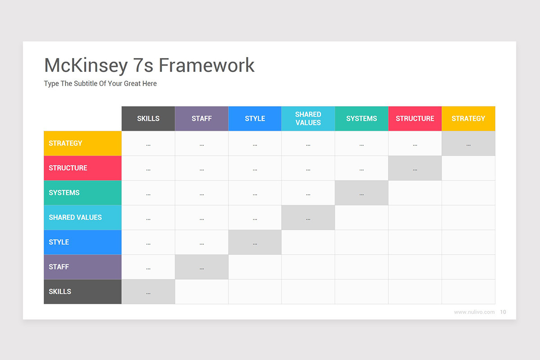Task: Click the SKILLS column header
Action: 148,119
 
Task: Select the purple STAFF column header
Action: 202,119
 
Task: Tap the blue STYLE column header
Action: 255,119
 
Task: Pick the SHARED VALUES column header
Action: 308,119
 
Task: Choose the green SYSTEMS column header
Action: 361,119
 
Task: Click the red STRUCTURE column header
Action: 415,119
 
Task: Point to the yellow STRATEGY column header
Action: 468,119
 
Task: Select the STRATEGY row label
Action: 83,144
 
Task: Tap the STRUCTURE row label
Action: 83,168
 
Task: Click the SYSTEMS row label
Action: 83,193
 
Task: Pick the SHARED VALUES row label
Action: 83,218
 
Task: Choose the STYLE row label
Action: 83,243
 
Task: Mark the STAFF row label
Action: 83,267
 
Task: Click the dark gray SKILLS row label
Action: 83,292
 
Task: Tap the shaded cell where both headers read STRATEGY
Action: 468,144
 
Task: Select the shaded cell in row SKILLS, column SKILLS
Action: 148,292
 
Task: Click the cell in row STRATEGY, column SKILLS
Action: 148,144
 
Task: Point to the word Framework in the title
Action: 207,65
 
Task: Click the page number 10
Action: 503,312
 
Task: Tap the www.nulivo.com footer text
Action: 474,312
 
